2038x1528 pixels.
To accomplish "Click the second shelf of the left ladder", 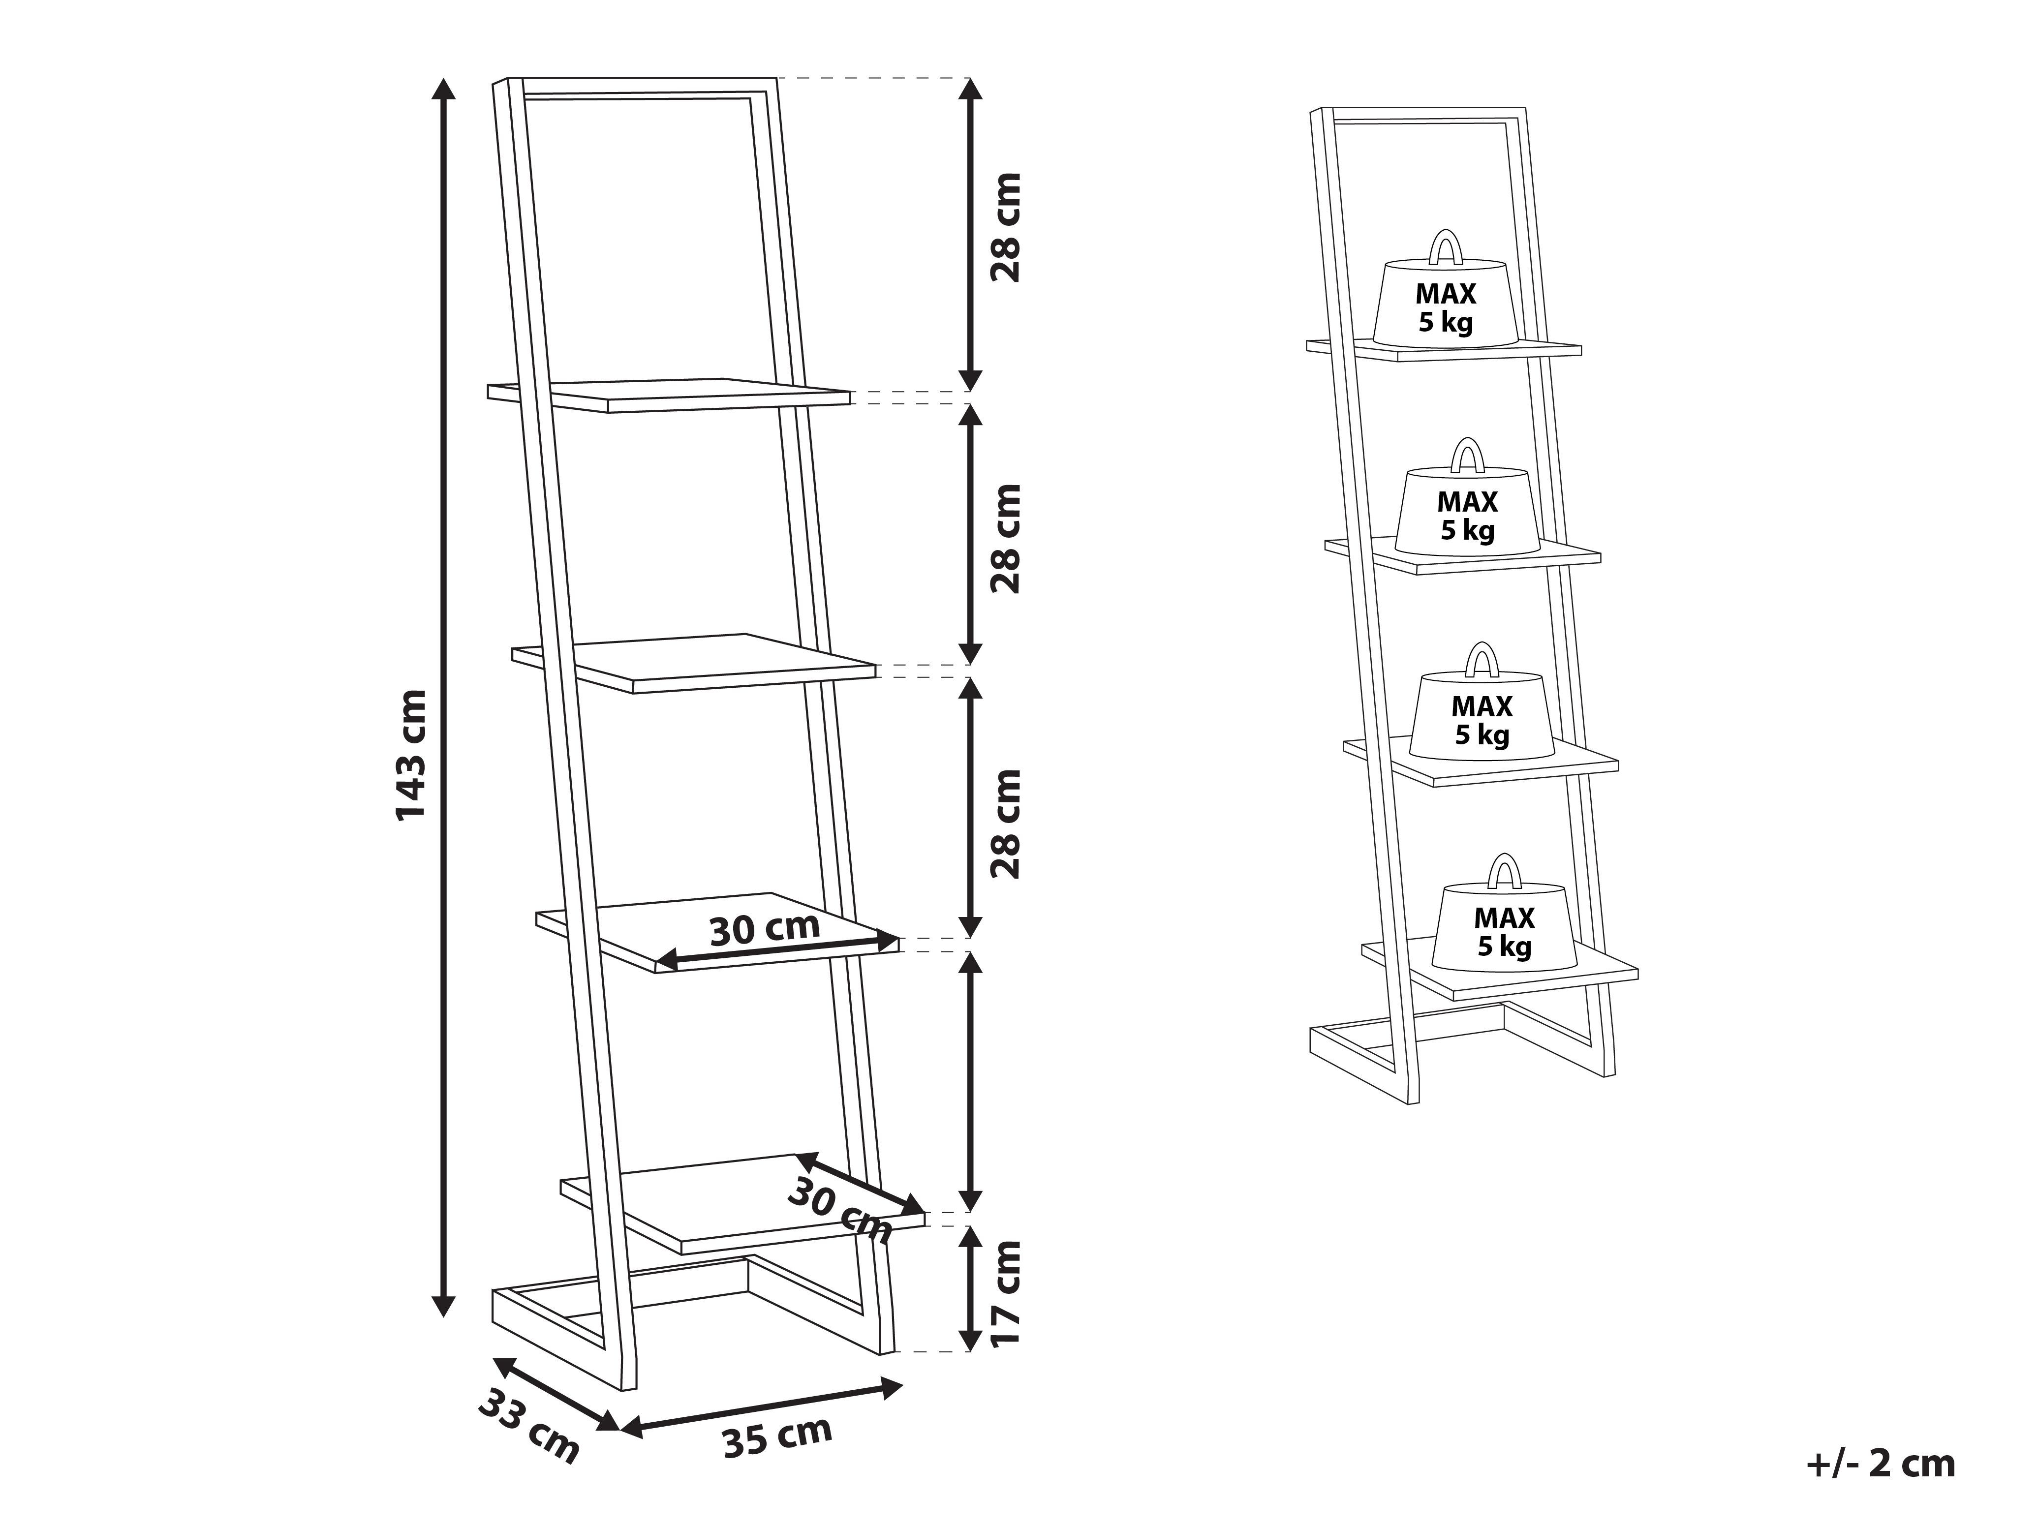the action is tap(694, 663).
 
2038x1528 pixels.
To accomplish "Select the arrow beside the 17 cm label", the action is tap(969, 1289).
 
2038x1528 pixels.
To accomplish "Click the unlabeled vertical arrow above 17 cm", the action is tap(969, 1082).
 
